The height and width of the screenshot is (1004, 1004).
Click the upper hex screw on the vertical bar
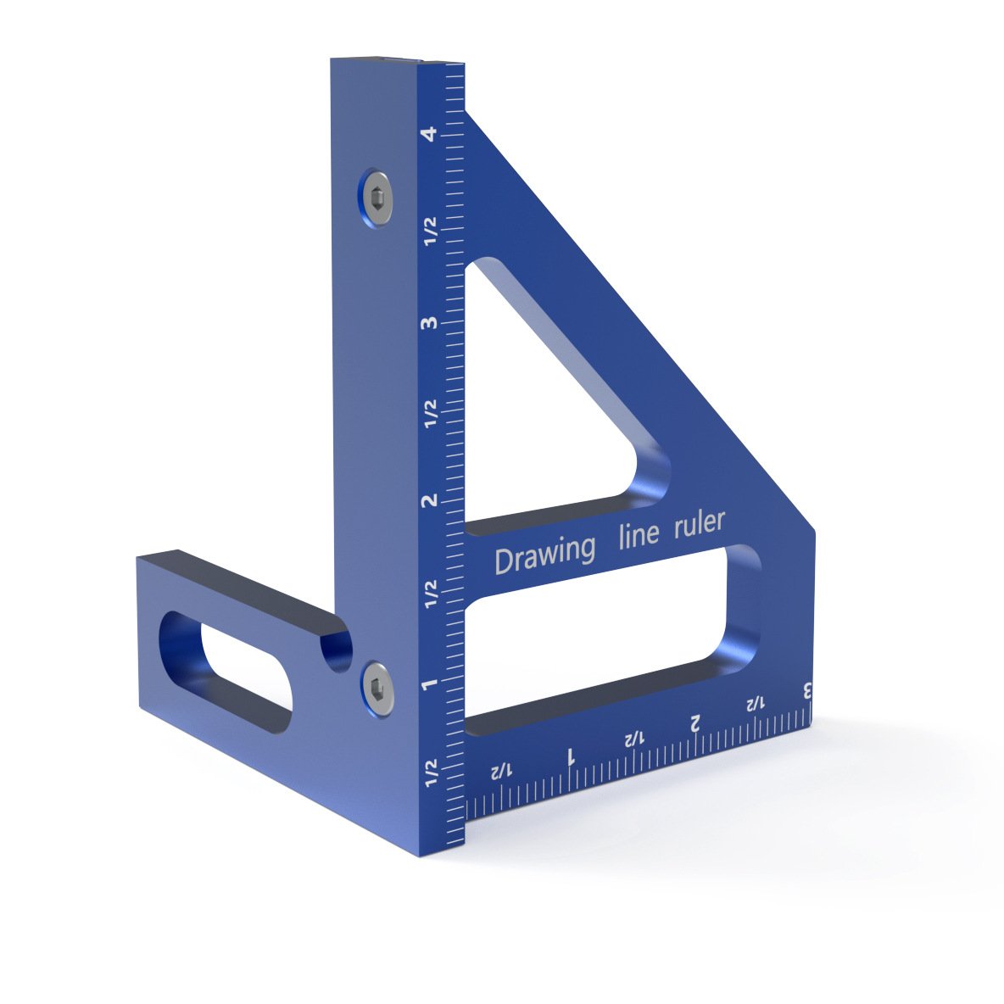coord(376,197)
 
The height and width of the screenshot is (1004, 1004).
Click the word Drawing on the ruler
coord(544,555)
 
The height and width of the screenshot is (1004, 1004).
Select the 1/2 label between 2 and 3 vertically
coord(431,413)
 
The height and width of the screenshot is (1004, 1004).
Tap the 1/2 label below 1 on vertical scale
coord(431,774)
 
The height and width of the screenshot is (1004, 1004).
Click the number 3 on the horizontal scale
coord(807,690)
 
